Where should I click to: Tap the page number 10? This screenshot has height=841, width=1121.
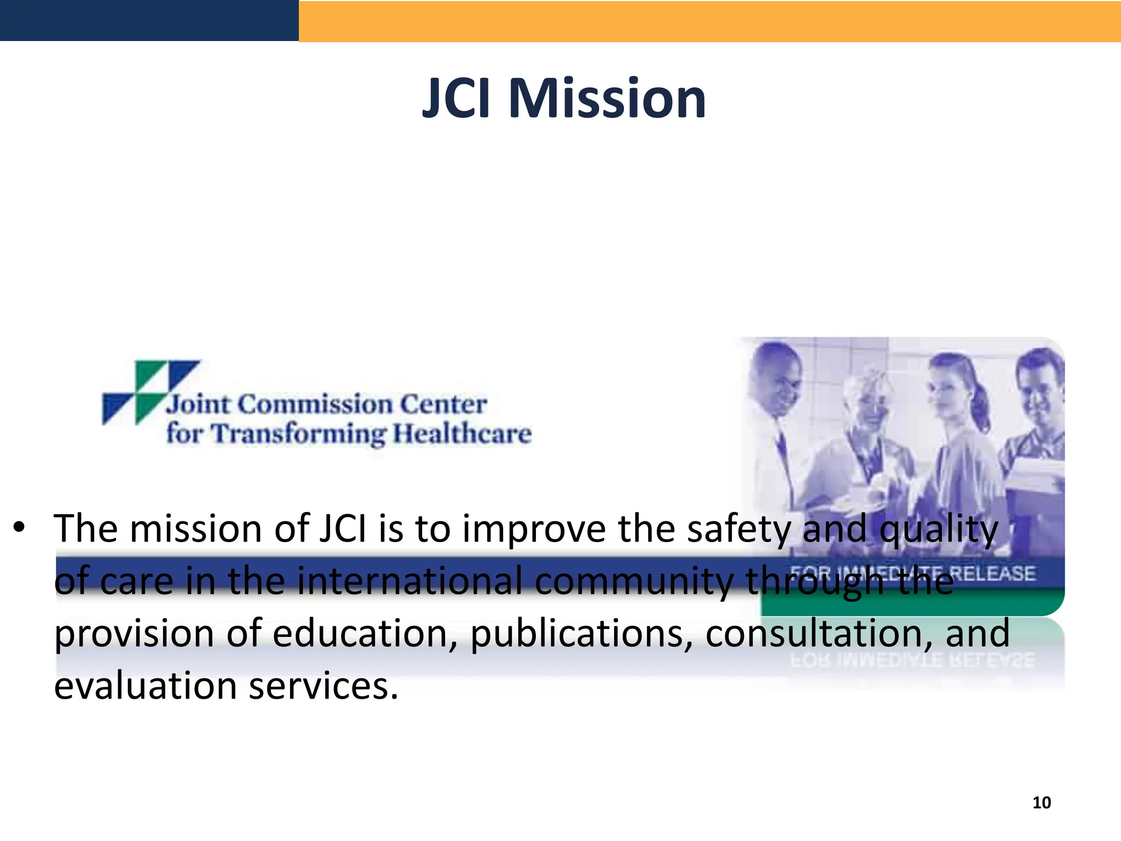(x=1042, y=803)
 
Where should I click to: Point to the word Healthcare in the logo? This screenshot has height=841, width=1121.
(x=463, y=434)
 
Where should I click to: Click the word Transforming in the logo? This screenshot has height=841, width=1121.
(x=298, y=434)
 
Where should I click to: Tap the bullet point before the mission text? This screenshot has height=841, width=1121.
(x=20, y=528)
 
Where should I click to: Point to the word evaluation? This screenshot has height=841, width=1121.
(x=146, y=686)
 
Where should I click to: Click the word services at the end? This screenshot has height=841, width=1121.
(x=323, y=686)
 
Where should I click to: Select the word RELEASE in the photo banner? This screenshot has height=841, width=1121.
(x=991, y=573)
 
